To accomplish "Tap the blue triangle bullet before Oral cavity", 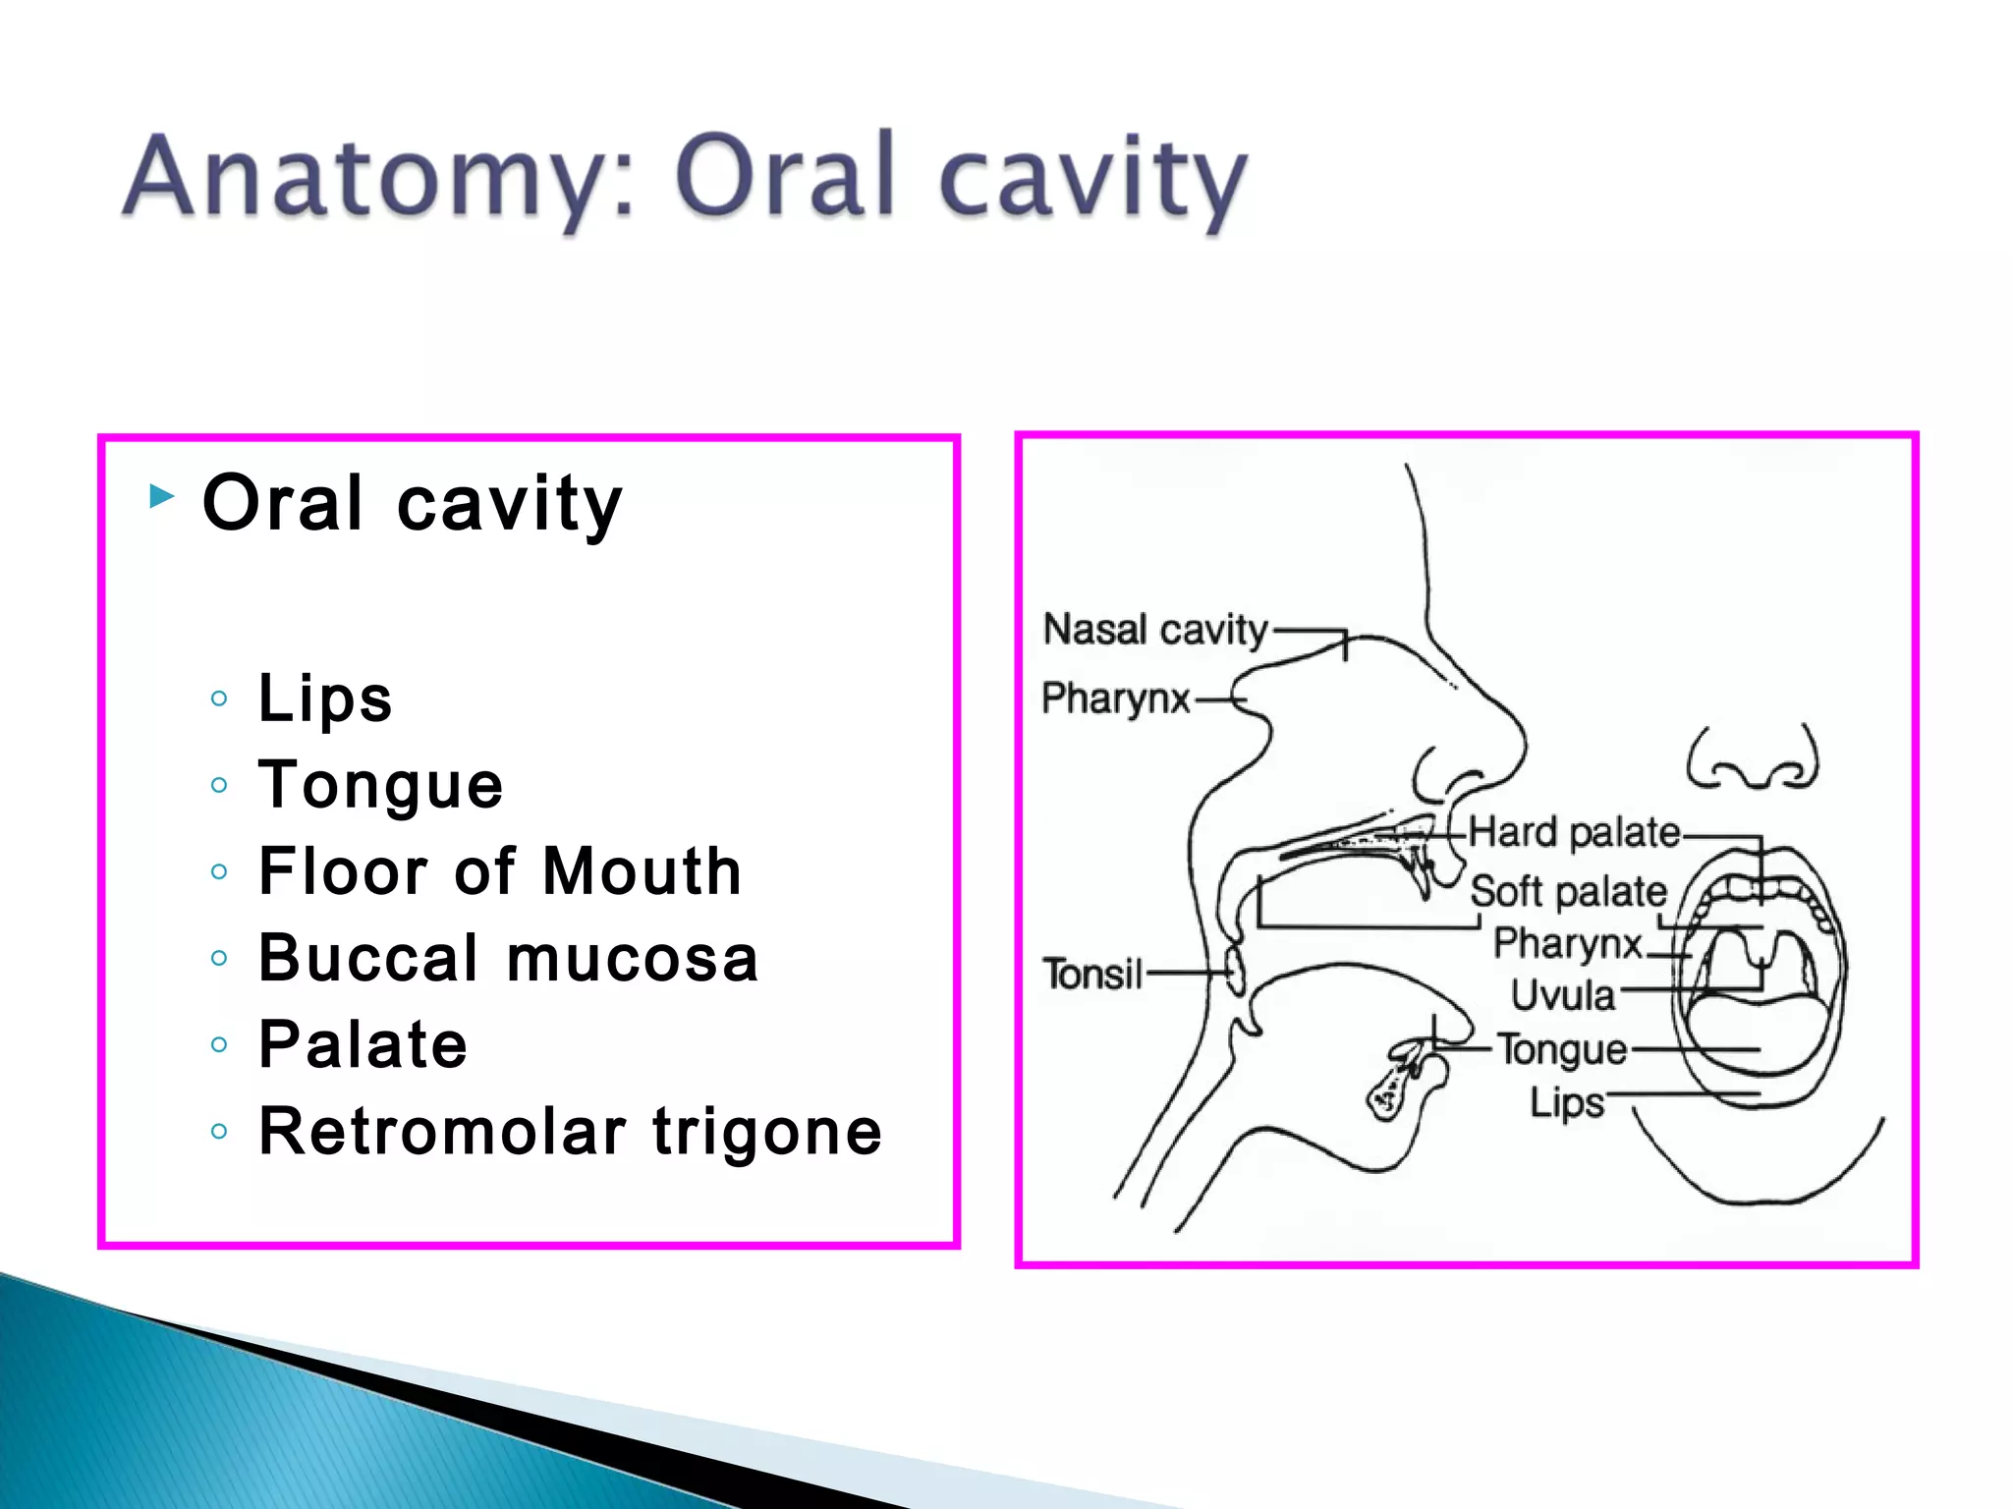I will (162, 497).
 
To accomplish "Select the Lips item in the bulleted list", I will (325, 699).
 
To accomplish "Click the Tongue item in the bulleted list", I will (381, 786).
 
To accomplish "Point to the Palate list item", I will (363, 1044).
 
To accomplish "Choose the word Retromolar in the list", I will (442, 1132).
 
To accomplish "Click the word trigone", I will (767, 1132).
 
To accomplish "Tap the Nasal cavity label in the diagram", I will (1155, 630).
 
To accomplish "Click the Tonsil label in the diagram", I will (1092, 975).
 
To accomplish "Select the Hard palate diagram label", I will (1574, 833).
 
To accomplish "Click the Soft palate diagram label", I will (1569, 892).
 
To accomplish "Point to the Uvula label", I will (1562, 995).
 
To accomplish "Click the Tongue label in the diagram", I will (1562, 1049).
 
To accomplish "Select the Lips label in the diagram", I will (1566, 1102).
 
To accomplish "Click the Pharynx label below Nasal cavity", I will (1115, 699).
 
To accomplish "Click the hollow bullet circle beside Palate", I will (219, 1044).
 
